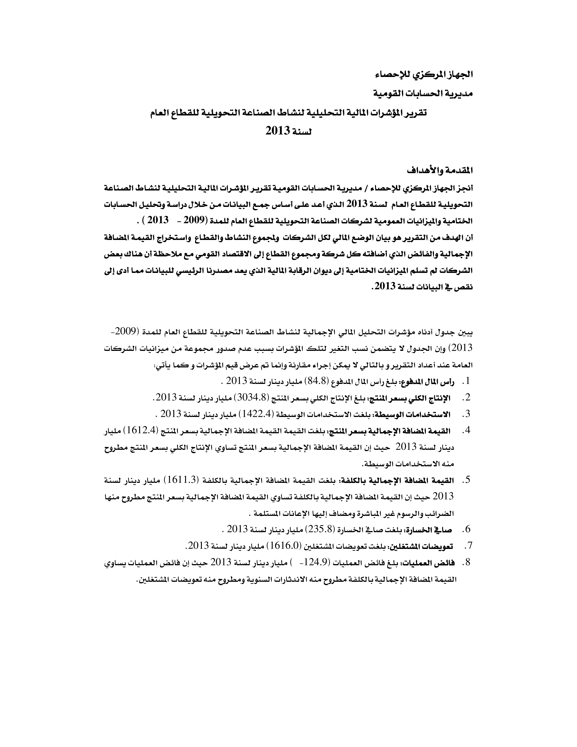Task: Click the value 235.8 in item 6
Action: (x=320, y=529)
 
